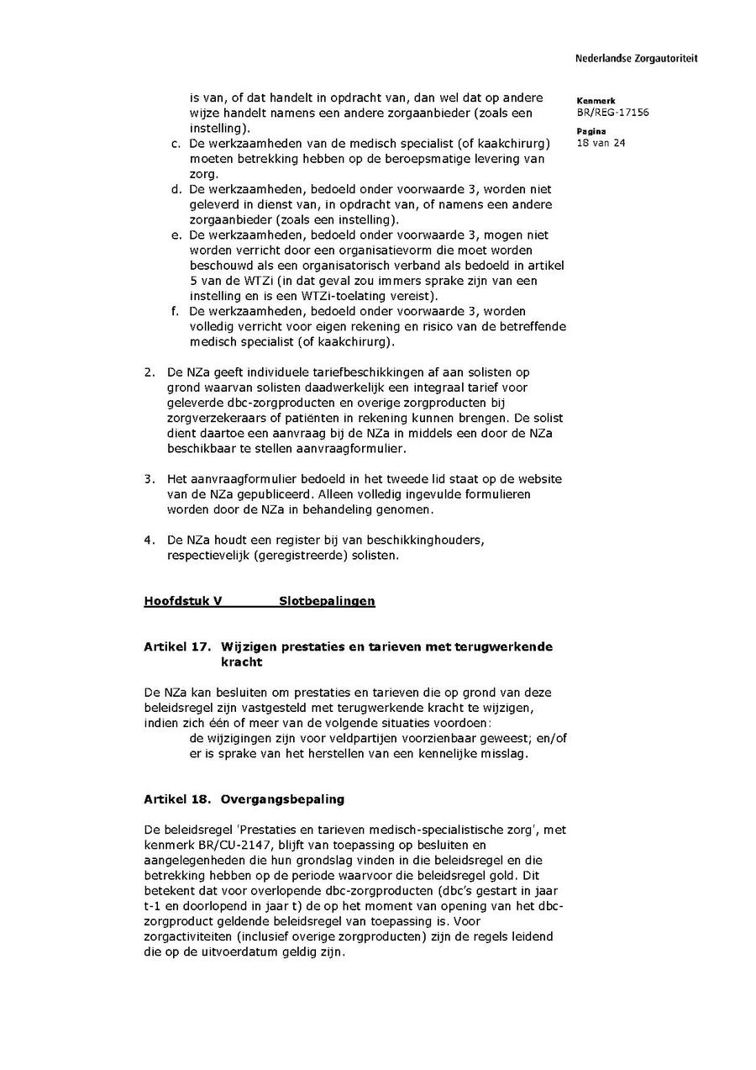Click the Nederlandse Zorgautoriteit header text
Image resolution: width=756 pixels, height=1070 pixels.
click(636, 59)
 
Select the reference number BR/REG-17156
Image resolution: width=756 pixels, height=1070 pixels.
click(612, 113)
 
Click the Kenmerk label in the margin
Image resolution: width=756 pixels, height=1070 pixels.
click(596, 101)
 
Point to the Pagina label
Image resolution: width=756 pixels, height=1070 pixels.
click(591, 131)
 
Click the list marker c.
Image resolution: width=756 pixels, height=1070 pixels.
click(176, 144)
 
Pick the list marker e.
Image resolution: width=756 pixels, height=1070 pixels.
click(176, 235)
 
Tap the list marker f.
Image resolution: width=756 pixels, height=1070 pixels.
click(176, 311)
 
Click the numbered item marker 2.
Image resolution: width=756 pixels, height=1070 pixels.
click(149, 372)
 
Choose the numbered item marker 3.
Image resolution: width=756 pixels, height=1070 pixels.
click(149, 479)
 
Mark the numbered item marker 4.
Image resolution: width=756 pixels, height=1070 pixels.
click(149, 540)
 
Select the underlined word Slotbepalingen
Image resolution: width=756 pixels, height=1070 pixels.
click(327, 601)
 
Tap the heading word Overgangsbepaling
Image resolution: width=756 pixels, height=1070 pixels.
click(282, 799)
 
